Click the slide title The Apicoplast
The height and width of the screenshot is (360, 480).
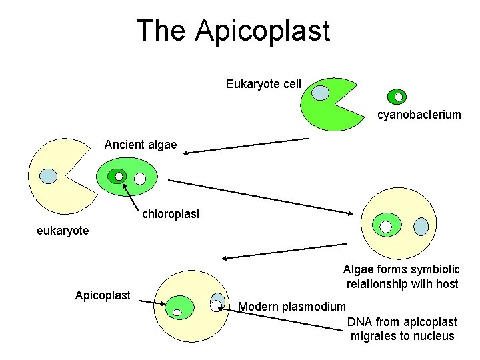(233, 31)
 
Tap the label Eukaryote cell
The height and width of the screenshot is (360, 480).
(263, 84)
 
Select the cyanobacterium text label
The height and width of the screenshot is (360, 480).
(419, 115)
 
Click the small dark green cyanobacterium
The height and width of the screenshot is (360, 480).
(397, 97)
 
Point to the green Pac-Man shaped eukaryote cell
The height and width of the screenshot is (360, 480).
(327, 113)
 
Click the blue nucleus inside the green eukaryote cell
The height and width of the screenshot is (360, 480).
(321, 93)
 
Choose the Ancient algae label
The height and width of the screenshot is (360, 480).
(141, 145)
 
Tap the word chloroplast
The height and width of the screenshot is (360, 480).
(170, 214)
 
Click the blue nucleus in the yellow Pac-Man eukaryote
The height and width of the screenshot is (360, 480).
(49, 176)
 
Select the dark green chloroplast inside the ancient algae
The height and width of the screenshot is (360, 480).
(118, 176)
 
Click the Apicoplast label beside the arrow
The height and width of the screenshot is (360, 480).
(103, 295)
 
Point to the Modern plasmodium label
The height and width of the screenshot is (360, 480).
(292, 307)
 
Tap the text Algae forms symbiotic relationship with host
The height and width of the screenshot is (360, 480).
(401, 277)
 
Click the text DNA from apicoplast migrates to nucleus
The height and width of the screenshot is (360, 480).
(402, 329)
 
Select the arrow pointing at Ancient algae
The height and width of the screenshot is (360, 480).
(247, 146)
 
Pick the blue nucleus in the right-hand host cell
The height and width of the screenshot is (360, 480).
(421, 227)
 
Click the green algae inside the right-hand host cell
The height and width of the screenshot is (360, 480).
(387, 225)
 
